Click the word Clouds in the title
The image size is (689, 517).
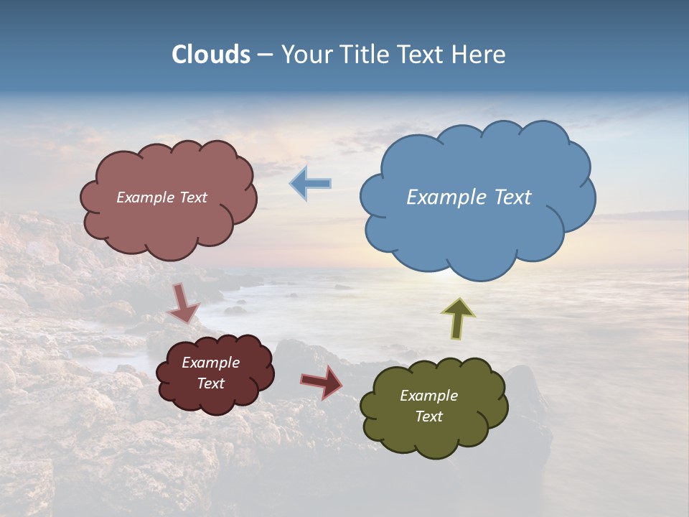tap(210, 55)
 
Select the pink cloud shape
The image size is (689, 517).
tap(169, 226)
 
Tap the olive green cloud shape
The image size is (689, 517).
tap(434, 438)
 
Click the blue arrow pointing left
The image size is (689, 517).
tap(311, 184)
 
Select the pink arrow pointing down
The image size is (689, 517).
tap(183, 303)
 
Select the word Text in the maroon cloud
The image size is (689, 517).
tap(210, 383)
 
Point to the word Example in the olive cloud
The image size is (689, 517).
tap(428, 396)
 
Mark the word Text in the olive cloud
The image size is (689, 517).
tap(428, 416)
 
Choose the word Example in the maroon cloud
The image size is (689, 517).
tap(210, 363)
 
